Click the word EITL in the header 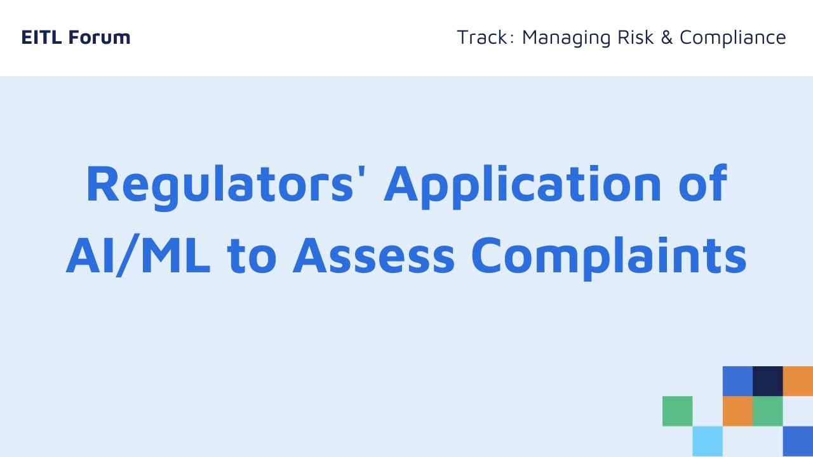pyautogui.click(x=41, y=37)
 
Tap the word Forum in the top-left pyautogui.click(x=99, y=37)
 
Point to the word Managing pyautogui.click(x=566, y=39)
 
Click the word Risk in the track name pyautogui.click(x=636, y=37)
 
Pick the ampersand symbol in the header pyautogui.click(x=667, y=37)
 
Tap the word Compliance pyautogui.click(x=733, y=39)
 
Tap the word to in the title pyautogui.click(x=252, y=255)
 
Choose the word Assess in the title pyautogui.click(x=373, y=255)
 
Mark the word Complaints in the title pyautogui.click(x=608, y=258)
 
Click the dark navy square pyautogui.click(x=768, y=381)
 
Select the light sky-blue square pyautogui.click(x=708, y=441)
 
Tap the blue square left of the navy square pyautogui.click(x=737, y=381)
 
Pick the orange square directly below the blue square pyautogui.click(x=737, y=411)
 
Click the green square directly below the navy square pyautogui.click(x=768, y=411)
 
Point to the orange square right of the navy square pyautogui.click(x=798, y=381)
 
